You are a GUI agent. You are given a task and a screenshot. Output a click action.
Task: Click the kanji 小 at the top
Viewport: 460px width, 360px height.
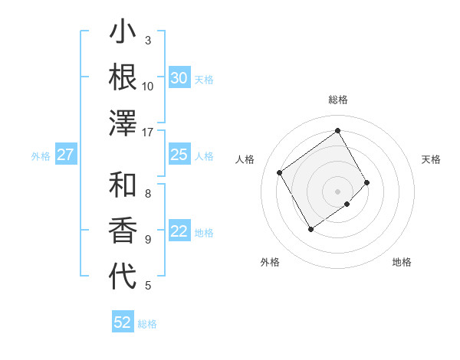[x=123, y=34]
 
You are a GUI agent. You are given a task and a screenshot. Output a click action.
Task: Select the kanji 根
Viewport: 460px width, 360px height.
[x=123, y=78]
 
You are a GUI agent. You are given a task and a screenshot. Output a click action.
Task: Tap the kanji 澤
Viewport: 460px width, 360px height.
[x=123, y=123]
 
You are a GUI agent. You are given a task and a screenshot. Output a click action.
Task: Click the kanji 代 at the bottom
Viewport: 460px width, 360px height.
[x=123, y=277]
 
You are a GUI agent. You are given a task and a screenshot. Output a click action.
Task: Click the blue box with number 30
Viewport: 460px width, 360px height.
[x=179, y=78]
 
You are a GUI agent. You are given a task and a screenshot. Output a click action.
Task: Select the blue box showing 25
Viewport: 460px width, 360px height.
[x=179, y=155]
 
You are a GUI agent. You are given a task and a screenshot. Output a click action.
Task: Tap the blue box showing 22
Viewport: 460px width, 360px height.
[x=179, y=232]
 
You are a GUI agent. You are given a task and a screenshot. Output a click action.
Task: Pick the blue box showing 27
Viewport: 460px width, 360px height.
[x=65, y=155]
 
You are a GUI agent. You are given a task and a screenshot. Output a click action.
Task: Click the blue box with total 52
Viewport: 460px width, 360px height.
[x=123, y=322]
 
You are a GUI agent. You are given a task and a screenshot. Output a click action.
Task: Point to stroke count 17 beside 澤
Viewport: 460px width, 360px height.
[x=148, y=132]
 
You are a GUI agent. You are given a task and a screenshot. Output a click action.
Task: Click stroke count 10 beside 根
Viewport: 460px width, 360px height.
[x=148, y=86]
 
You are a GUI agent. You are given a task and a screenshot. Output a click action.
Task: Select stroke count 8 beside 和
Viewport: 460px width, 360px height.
[x=148, y=193]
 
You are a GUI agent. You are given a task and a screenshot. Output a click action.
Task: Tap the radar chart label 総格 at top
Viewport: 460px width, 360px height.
[x=338, y=100]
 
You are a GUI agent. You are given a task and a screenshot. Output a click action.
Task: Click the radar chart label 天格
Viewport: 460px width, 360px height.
[x=432, y=159]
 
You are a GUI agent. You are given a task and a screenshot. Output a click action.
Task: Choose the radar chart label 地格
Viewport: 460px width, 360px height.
[x=402, y=262]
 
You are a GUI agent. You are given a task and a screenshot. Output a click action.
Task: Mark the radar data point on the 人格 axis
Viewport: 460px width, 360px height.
[x=280, y=172]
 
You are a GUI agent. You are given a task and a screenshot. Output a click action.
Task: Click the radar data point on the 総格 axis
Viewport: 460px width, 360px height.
[x=338, y=130]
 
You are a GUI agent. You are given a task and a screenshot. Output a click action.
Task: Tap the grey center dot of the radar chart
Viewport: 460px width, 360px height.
[x=338, y=191]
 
